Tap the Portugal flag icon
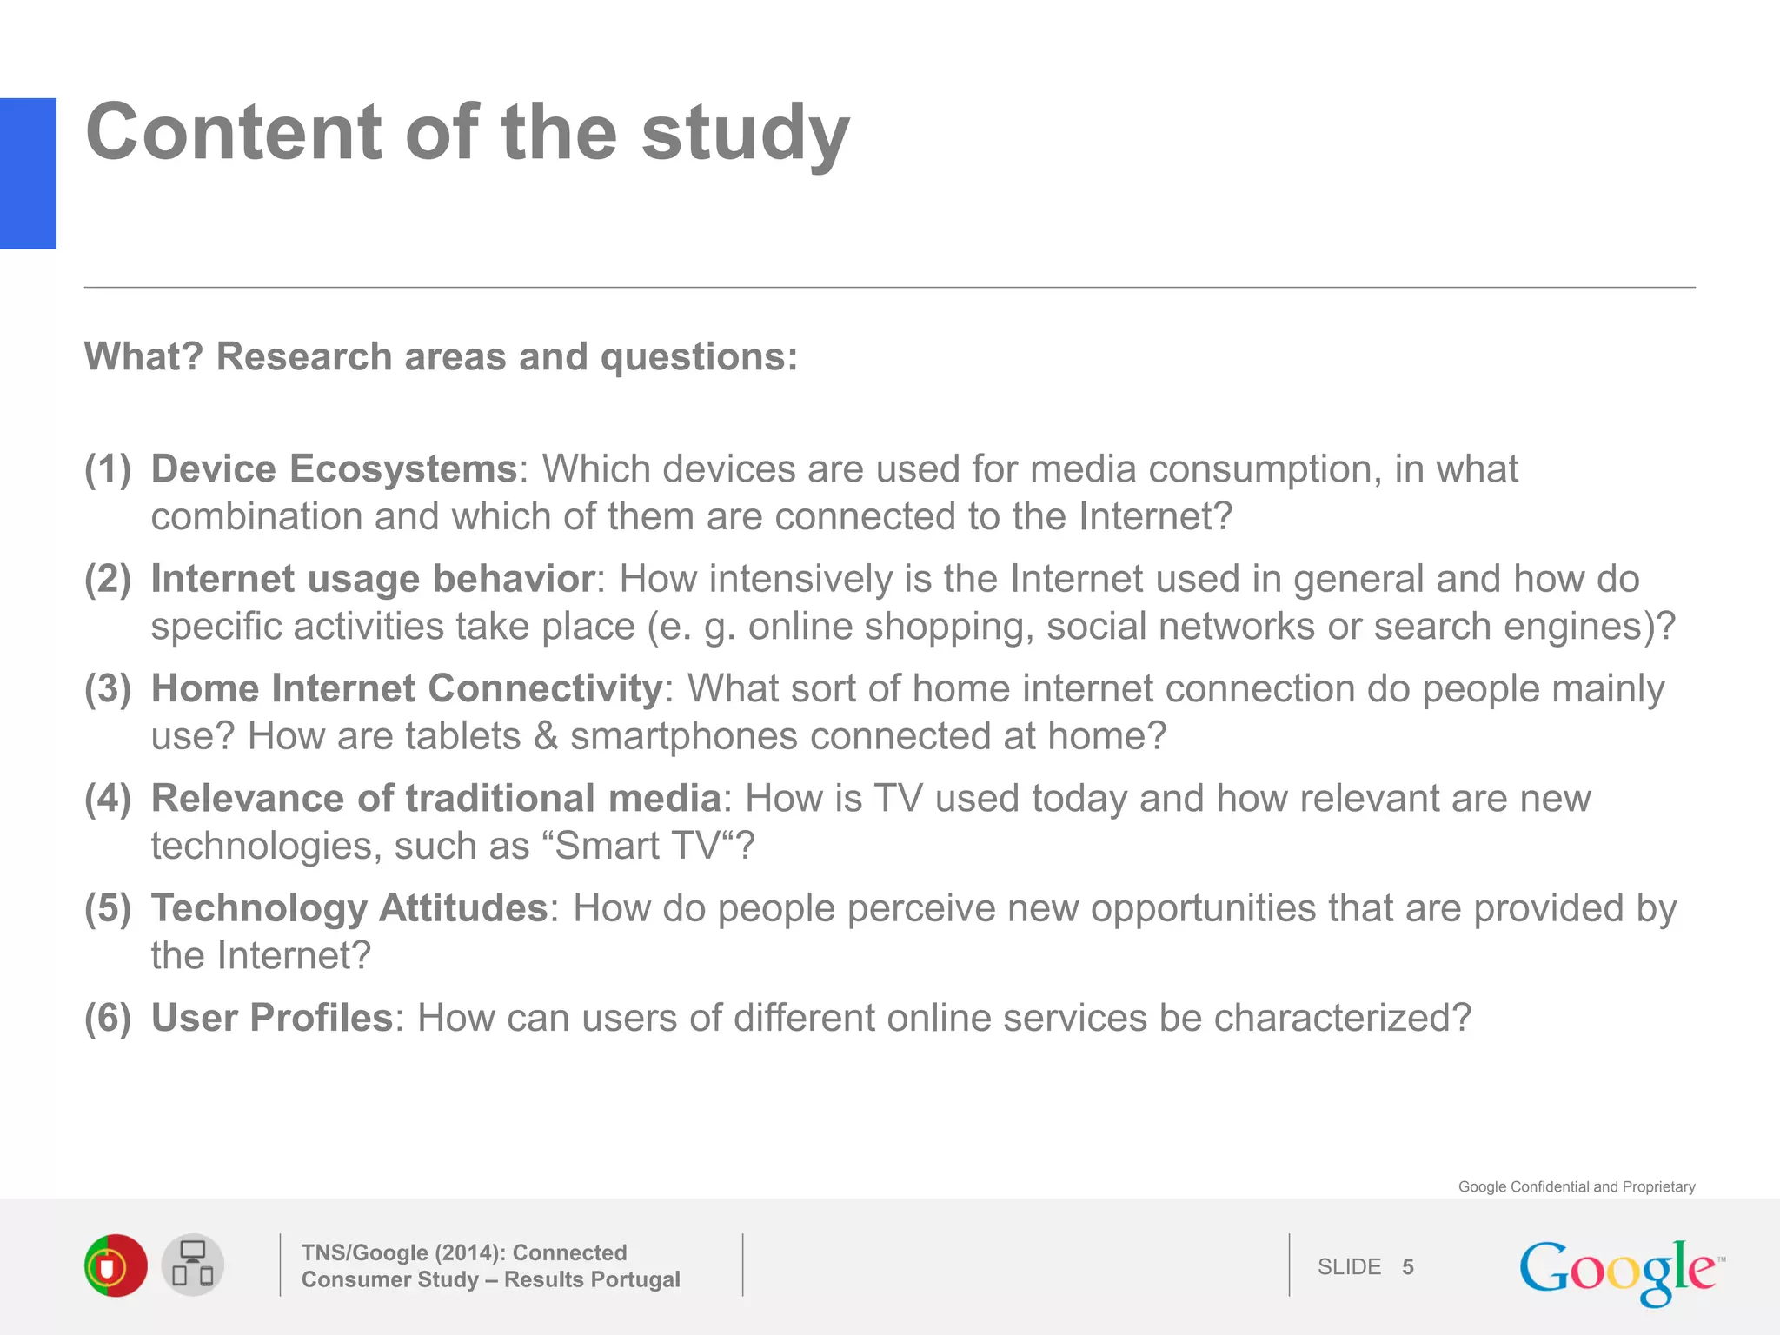[116, 1265]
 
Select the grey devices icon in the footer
[193, 1265]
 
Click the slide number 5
[1408, 1267]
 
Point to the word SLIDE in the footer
[1349, 1267]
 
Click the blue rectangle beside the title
[28, 173]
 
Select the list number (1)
[108, 469]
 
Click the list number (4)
[108, 798]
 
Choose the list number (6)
[108, 1018]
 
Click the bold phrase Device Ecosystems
[335, 469]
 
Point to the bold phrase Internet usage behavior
[373, 579]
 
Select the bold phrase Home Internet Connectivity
[407, 688]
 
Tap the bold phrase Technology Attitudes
[349, 908]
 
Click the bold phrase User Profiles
[272, 1018]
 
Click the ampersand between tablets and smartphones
[546, 736]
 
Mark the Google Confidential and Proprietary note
[1577, 1186]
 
